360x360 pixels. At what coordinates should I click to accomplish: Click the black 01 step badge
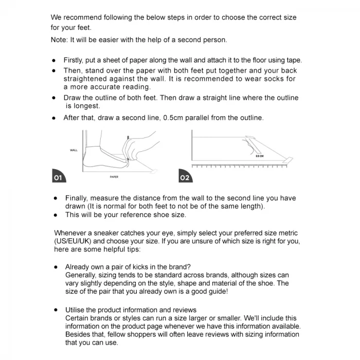(x=58, y=176)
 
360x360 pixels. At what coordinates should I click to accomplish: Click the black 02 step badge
(x=185, y=176)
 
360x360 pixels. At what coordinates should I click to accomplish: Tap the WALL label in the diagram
(x=74, y=150)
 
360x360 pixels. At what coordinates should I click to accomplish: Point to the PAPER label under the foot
(x=114, y=177)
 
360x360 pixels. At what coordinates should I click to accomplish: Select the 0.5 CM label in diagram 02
(x=260, y=155)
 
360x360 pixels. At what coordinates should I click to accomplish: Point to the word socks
(x=271, y=79)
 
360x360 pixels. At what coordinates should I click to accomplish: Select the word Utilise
(x=77, y=310)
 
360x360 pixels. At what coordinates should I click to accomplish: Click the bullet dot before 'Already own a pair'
(x=56, y=267)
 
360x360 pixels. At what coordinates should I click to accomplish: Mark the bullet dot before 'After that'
(x=53, y=118)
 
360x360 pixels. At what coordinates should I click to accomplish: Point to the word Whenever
(x=72, y=233)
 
